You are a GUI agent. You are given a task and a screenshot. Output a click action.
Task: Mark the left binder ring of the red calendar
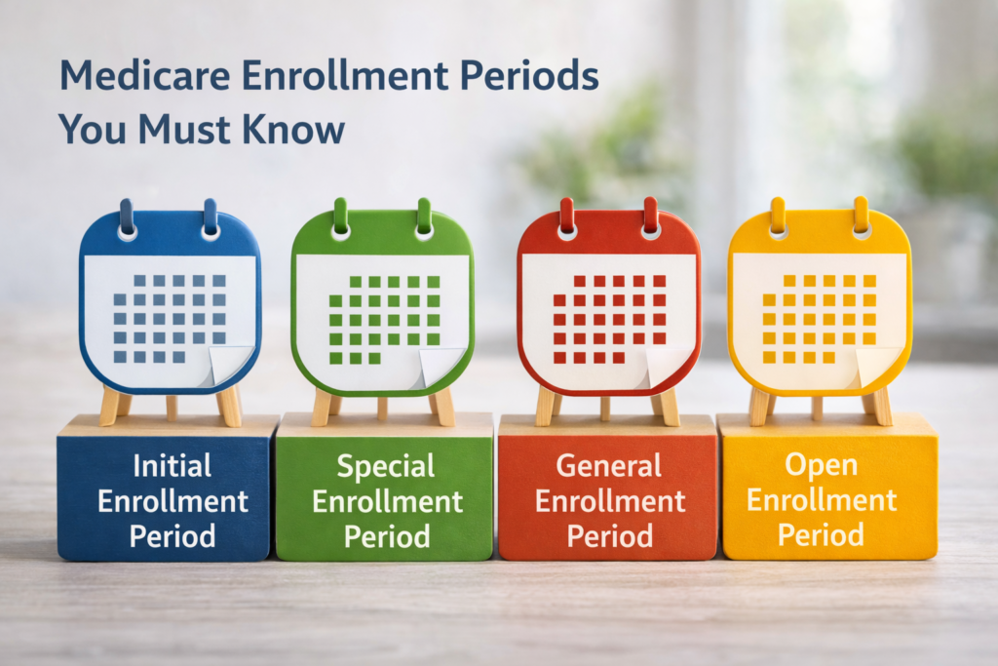567,216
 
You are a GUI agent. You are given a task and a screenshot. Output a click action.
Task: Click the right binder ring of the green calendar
423,217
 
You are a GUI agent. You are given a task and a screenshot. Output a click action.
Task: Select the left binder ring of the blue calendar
127,217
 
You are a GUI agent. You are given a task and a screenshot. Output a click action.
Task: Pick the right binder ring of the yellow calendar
861,215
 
